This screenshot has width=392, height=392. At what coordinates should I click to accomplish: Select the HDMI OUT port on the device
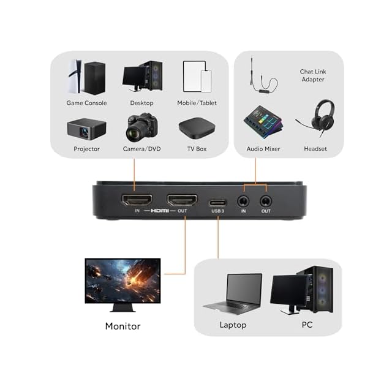(182, 200)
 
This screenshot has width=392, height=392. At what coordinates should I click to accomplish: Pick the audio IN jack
(243, 200)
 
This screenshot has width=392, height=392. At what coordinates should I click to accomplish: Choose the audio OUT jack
(265, 200)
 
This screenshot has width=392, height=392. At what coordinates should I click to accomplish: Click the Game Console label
(86, 103)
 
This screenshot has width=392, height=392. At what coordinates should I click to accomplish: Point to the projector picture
(86, 129)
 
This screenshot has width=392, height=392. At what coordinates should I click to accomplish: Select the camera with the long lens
(141, 127)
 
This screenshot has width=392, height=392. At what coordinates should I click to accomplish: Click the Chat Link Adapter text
(312, 76)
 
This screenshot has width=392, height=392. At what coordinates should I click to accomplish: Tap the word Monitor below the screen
(123, 326)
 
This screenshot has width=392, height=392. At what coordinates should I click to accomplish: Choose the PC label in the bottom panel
(307, 325)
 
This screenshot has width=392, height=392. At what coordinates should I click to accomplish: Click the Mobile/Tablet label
(197, 103)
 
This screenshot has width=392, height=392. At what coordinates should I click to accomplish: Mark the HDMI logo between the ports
(159, 211)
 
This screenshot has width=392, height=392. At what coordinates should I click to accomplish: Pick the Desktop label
(141, 103)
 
